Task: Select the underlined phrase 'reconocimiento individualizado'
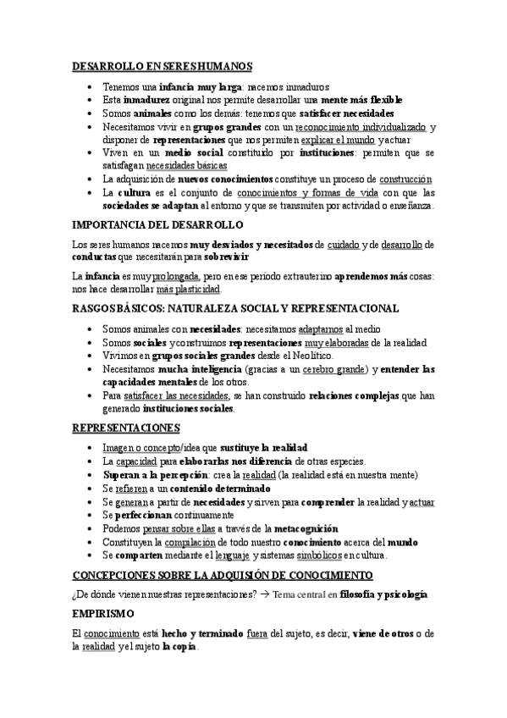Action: coord(360,127)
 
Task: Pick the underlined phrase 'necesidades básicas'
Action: coord(180,166)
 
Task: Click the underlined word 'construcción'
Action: coord(405,179)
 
